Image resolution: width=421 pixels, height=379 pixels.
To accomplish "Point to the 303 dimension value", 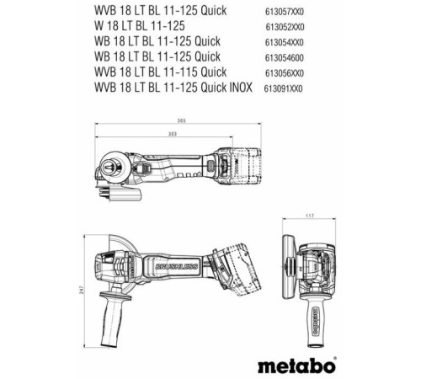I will [x=173, y=133].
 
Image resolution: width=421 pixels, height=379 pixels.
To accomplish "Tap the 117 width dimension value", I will [x=311, y=217].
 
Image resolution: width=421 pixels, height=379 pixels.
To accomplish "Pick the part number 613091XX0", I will [x=283, y=88].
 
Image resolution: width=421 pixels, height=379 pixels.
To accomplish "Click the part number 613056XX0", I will [x=285, y=72].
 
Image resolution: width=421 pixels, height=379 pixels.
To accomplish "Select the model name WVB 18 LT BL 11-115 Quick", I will [x=159, y=72].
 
